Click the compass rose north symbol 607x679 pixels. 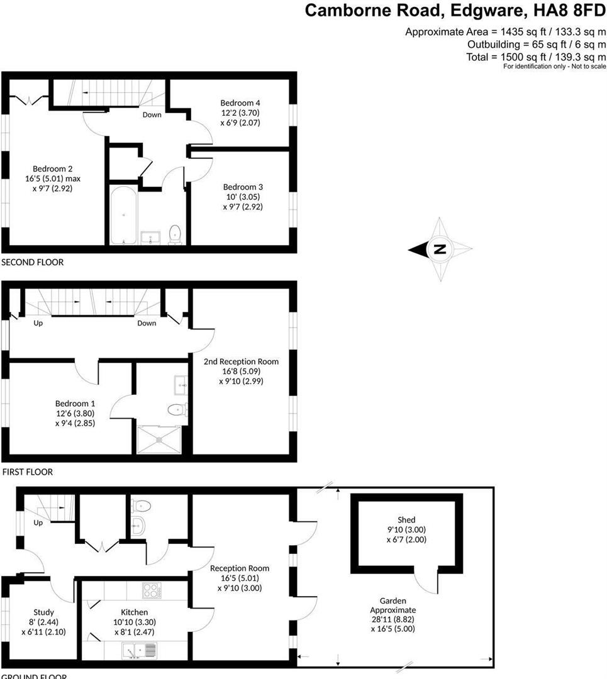coord(440,249)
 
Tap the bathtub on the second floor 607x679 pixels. coord(123,214)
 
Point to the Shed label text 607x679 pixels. coord(406,520)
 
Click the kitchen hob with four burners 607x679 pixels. coord(152,590)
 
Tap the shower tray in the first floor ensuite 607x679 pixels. coord(162,439)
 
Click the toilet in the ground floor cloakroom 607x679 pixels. coord(142,504)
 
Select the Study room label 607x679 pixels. coord(43,612)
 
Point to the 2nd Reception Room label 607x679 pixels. coord(241,362)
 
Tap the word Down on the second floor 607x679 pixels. coord(152,114)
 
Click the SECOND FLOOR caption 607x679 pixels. coord(33,262)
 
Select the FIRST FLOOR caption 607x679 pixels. coord(28,472)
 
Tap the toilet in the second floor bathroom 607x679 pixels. coord(175,233)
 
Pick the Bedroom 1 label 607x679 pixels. coord(75,404)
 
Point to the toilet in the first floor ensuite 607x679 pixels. coord(175,410)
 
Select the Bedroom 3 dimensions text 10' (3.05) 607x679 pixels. coord(243,196)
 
